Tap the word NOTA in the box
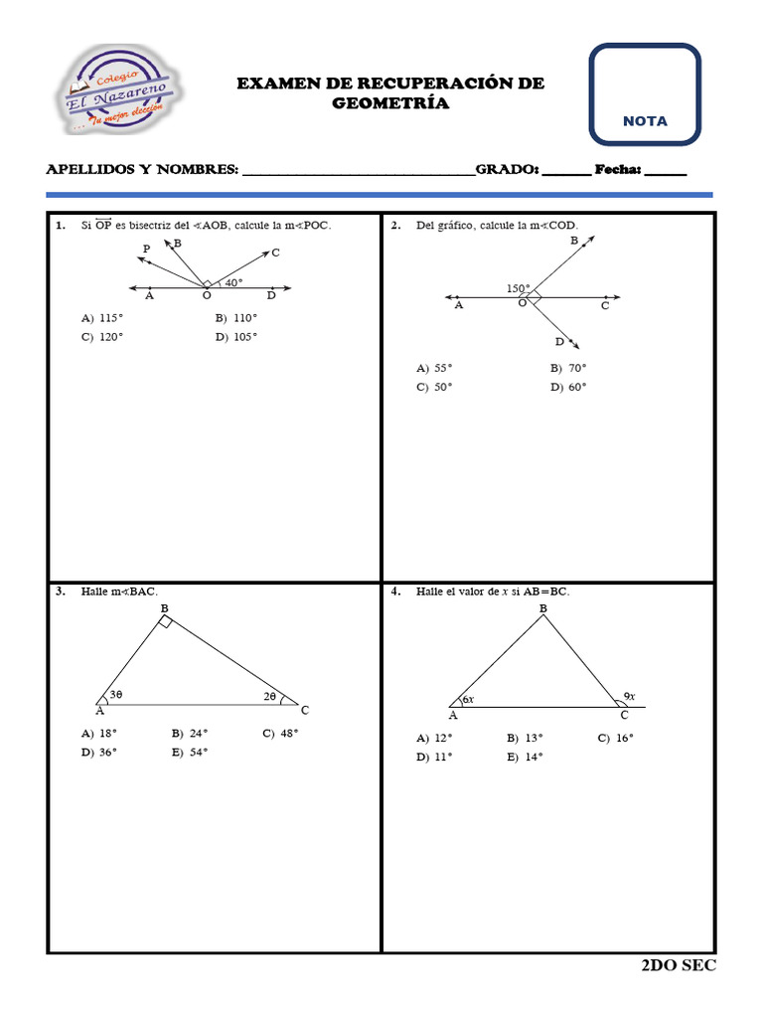click(x=645, y=121)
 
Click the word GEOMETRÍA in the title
click(x=390, y=103)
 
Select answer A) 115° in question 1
click(x=103, y=318)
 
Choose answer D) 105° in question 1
click(x=236, y=337)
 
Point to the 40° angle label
click(x=233, y=282)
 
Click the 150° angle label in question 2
click(x=518, y=288)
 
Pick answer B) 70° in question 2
click(x=568, y=368)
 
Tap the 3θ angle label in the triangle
click(x=116, y=695)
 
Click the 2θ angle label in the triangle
click(x=270, y=697)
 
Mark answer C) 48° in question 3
click(x=280, y=734)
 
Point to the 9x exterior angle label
click(x=630, y=696)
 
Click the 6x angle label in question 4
click(x=468, y=700)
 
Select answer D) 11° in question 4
click(x=434, y=757)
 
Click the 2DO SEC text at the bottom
click(x=679, y=965)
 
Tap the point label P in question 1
click(x=146, y=249)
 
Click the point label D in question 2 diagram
click(x=559, y=342)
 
